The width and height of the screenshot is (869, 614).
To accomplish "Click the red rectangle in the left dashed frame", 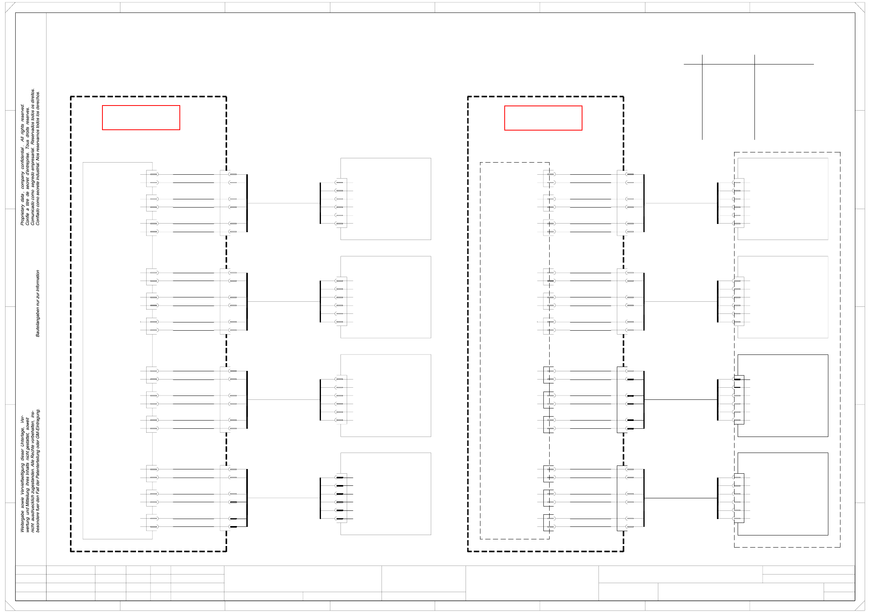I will (141, 118).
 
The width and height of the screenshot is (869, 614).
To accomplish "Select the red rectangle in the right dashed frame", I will (543, 118).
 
